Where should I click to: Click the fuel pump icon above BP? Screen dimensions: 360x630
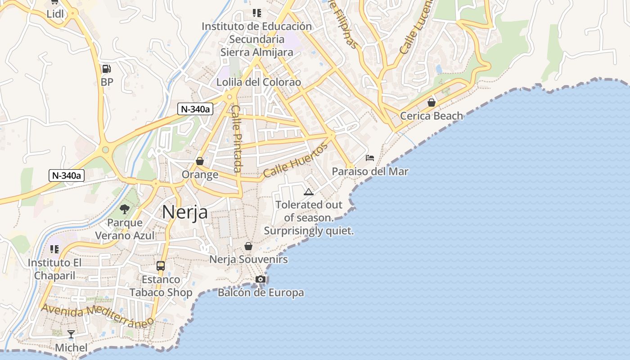pyautogui.click(x=107, y=69)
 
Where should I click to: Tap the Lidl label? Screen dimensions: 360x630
pyautogui.click(x=55, y=14)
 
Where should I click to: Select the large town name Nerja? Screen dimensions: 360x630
pyautogui.click(x=185, y=212)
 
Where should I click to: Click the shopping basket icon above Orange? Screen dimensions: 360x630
pyautogui.click(x=200, y=161)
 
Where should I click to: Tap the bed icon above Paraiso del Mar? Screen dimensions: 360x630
pyautogui.click(x=370, y=158)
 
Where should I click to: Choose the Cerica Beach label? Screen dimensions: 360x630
pyautogui.click(x=431, y=116)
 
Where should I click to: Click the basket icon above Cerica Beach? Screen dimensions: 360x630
pyautogui.click(x=432, y=103)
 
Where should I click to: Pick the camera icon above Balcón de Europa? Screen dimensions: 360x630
pyautogui.click(x=260, y=279)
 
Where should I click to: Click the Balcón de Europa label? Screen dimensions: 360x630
pyautogui.click(x=261, y=293)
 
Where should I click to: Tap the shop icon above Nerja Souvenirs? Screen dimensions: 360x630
pyautogui.click(x=248, y=246)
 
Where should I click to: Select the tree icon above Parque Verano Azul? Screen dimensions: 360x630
pyautogui.click(x=125, y=209)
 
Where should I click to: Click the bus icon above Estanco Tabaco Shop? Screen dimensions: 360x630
pyautogui.click(x=161, y=266)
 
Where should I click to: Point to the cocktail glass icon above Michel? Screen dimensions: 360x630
pyautogui.click(x=71, y=334)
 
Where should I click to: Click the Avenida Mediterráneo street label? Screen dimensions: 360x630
pyautogui.click(x=97, y=315)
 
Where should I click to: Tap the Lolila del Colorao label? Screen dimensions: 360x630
pyautogui.click(x=258, y=82)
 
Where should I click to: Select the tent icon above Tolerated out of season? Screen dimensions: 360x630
pyautogui.click(x=308, y=192)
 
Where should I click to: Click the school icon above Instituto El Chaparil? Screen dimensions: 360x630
pyautogui.click(x=55, y=249)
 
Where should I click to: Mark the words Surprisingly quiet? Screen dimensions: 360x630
pyautogui.click(x=309, y=231)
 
